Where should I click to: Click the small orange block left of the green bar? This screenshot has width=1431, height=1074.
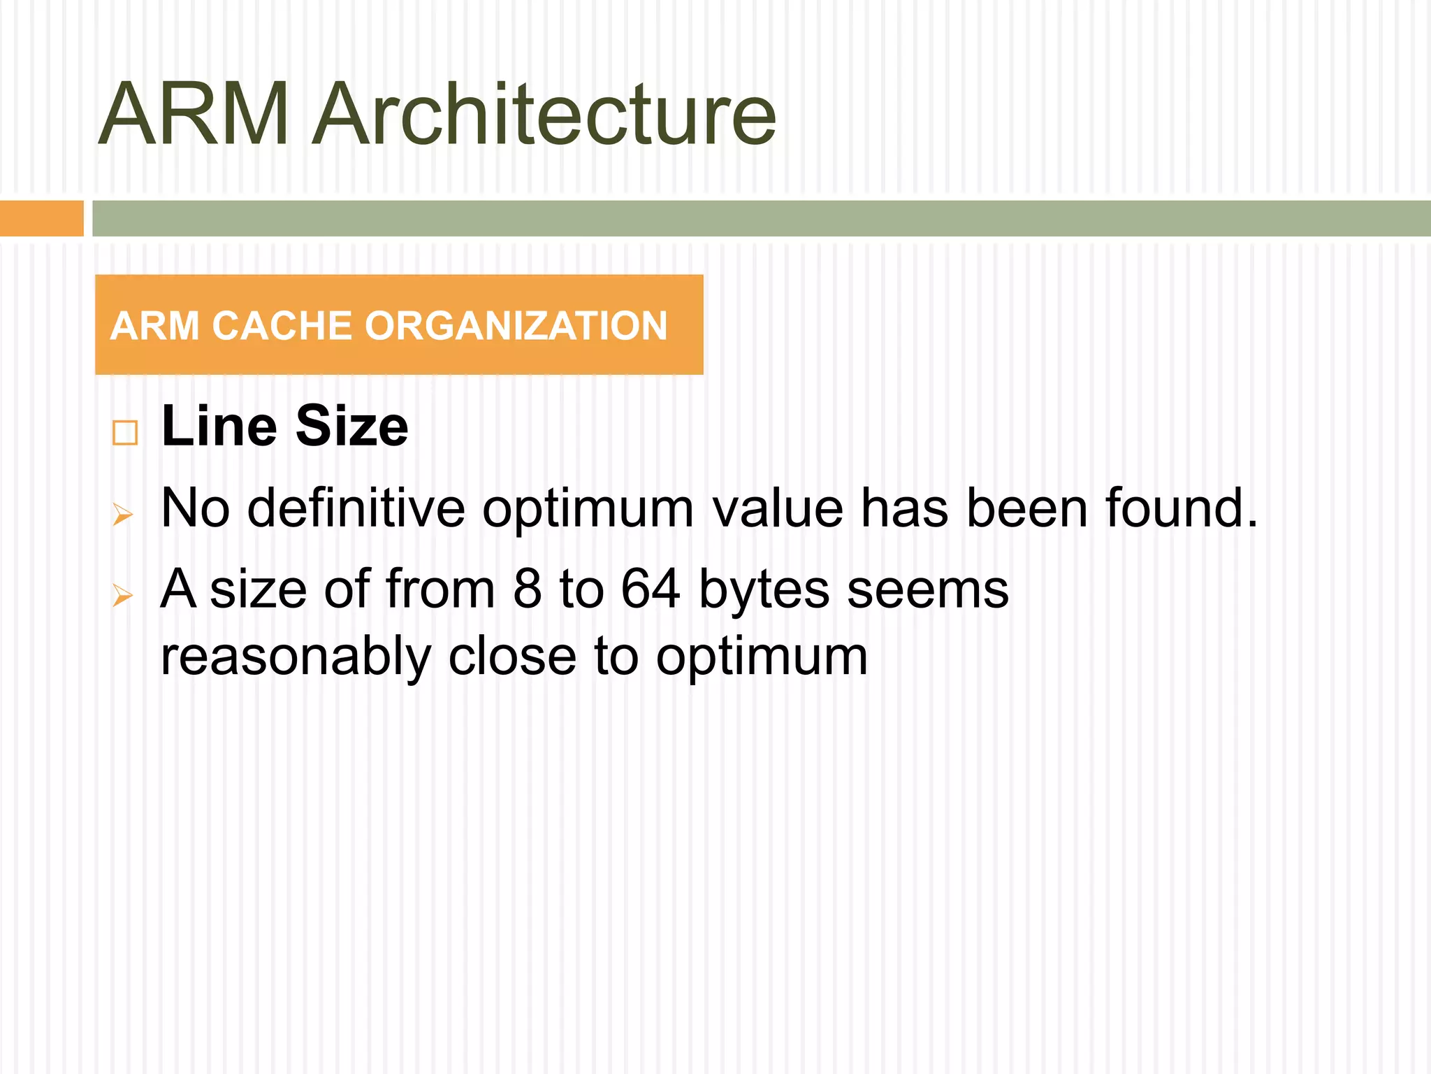[41, 218]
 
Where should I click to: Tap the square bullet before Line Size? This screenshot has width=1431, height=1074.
[125, 433]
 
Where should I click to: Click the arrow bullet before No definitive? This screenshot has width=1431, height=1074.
[123, 516]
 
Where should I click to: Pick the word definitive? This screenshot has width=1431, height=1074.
[356, 508]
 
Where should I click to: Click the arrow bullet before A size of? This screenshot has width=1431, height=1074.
[123, 596]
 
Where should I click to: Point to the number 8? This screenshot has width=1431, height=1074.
[528, 589]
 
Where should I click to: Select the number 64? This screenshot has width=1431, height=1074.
[651, 589]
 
